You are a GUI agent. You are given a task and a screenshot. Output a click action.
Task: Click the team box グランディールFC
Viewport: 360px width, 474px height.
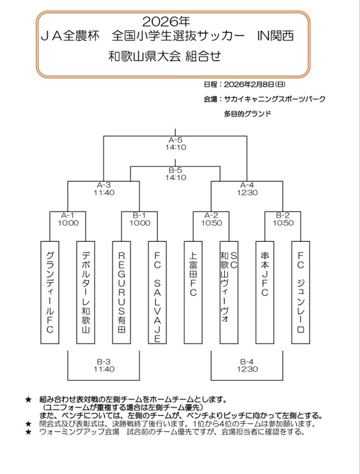pyautogui.click(x=50, y=292)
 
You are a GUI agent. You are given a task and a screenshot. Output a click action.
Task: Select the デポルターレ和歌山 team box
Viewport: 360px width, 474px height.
pyautogui.click(x=86, y=292)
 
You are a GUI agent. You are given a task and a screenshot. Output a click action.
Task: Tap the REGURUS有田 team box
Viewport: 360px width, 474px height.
pyautogui.click(x=121, y=292)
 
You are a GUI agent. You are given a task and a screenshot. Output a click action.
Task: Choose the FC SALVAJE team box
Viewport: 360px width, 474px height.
pyautogui.click(x=157, y=292)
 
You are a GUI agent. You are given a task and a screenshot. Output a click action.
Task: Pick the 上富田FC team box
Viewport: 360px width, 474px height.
pyautogui.click(x=193, y=292)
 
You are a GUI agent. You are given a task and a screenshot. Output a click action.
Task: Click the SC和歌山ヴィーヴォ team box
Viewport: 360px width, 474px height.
pyautogui.click(x=229, y=292)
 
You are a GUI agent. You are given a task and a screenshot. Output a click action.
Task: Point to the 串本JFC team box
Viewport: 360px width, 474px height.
pyautogui.click(x=265, y=292)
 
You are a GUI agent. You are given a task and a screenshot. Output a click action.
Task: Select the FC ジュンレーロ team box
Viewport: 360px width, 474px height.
pyautogui.click(x=301, y=292)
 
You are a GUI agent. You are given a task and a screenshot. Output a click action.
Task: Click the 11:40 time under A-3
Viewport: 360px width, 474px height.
pyautogui.click(x=104, y=193)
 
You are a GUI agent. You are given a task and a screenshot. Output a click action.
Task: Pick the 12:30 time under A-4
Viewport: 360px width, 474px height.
pyautogui.click(x=247, y=193)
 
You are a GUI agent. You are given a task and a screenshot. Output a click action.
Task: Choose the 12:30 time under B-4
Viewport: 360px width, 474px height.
pyautogui.click(x=247, y=369)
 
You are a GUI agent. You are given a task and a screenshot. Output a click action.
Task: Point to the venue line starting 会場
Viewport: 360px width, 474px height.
pyautogui.click(x=264, y=99)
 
